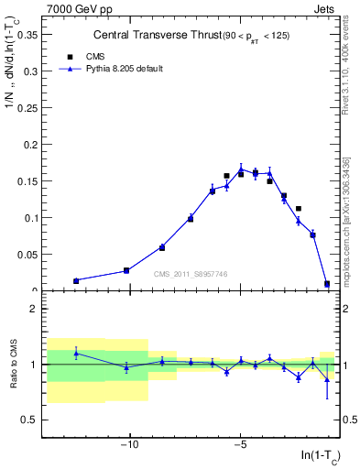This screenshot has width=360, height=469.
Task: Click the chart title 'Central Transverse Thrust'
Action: [152, 36]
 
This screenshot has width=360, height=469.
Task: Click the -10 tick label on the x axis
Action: [129, 442]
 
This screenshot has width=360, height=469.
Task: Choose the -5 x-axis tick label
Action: [240, 442]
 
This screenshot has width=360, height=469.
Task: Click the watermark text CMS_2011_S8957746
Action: [190, 273]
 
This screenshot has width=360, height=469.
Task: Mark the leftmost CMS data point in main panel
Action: [76, 281]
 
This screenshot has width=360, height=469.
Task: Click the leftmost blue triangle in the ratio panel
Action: [76, 353]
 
